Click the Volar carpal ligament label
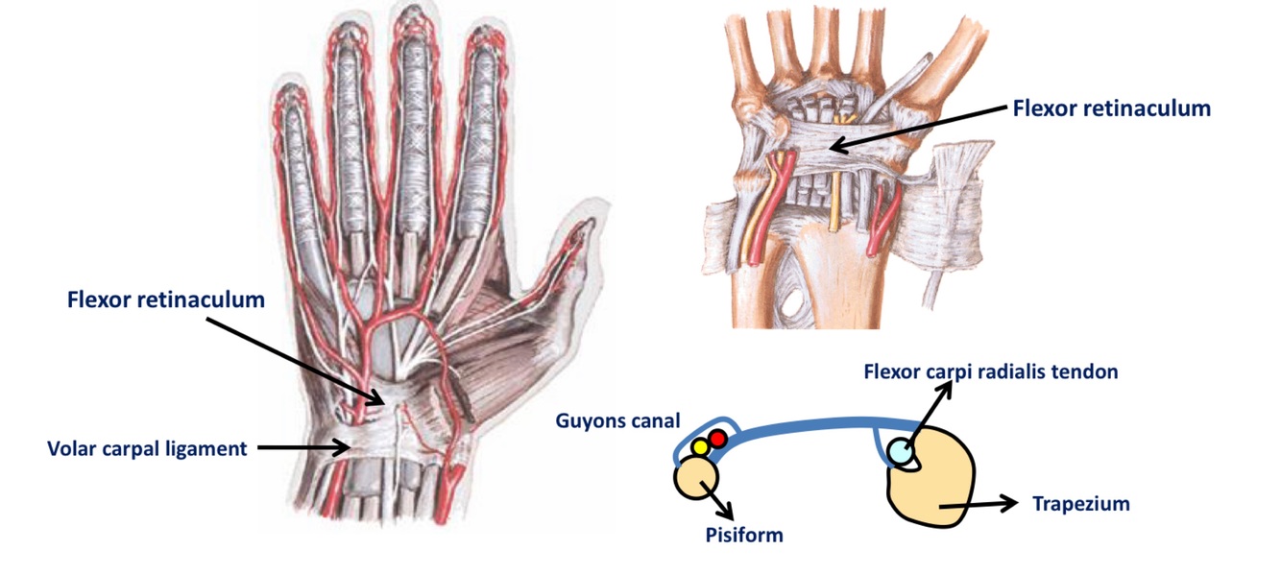(147, 447)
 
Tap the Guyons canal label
(617, 419)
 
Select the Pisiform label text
(743, 535)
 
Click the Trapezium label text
(1080, 503)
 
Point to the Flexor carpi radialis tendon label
(990, 371)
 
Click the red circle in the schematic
(716, 440)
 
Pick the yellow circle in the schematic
(700, 447)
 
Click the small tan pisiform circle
(696, 477)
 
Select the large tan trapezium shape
(931, 485)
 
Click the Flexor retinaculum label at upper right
(1111, 108)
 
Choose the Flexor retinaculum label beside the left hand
(166, 299)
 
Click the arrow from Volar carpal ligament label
(302, 446)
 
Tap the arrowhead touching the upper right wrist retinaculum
(834, 147)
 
